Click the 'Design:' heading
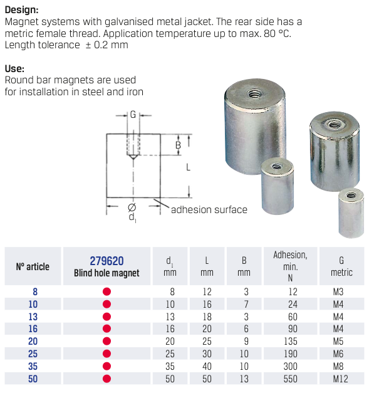pyautogui.click(x=21, y=10)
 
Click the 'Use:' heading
pyautogui.click(x=14, y=68)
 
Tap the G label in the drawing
pyautogui.click(x=133, y=115)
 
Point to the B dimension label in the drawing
pyautogui.click(x=178, y=145)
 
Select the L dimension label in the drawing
pyautogui.click(x=188, y=167)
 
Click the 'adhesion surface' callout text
pyautogui.click(x=209, y=210)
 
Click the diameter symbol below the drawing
pyautogui.click(x=132, y=207)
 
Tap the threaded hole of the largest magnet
pyautogui.click(x=254, y=94)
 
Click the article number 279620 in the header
pyautogui.click(x=106, y=261)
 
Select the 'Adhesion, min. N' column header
pyautogui.click(x=290, y=266)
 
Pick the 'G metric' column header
pyautogui.click(x=341, y=266)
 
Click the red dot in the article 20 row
pyautogui.click(x=106, y=341)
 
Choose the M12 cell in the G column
pyautogui.click(x=340, y=379)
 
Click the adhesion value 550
pyautogui.click(x=290, y=379)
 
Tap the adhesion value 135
pyautogui.click(x=290, y=341)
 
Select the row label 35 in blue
pyautogui.click(x=33, y=366)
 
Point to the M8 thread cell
pyautogui.click(x=338, y=366)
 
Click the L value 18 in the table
pyautogui.click(x=207, y=317)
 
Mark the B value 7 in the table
pyautogui.click(x=246, y=304)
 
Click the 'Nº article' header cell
pyautogui.click(x=33, y=266)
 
